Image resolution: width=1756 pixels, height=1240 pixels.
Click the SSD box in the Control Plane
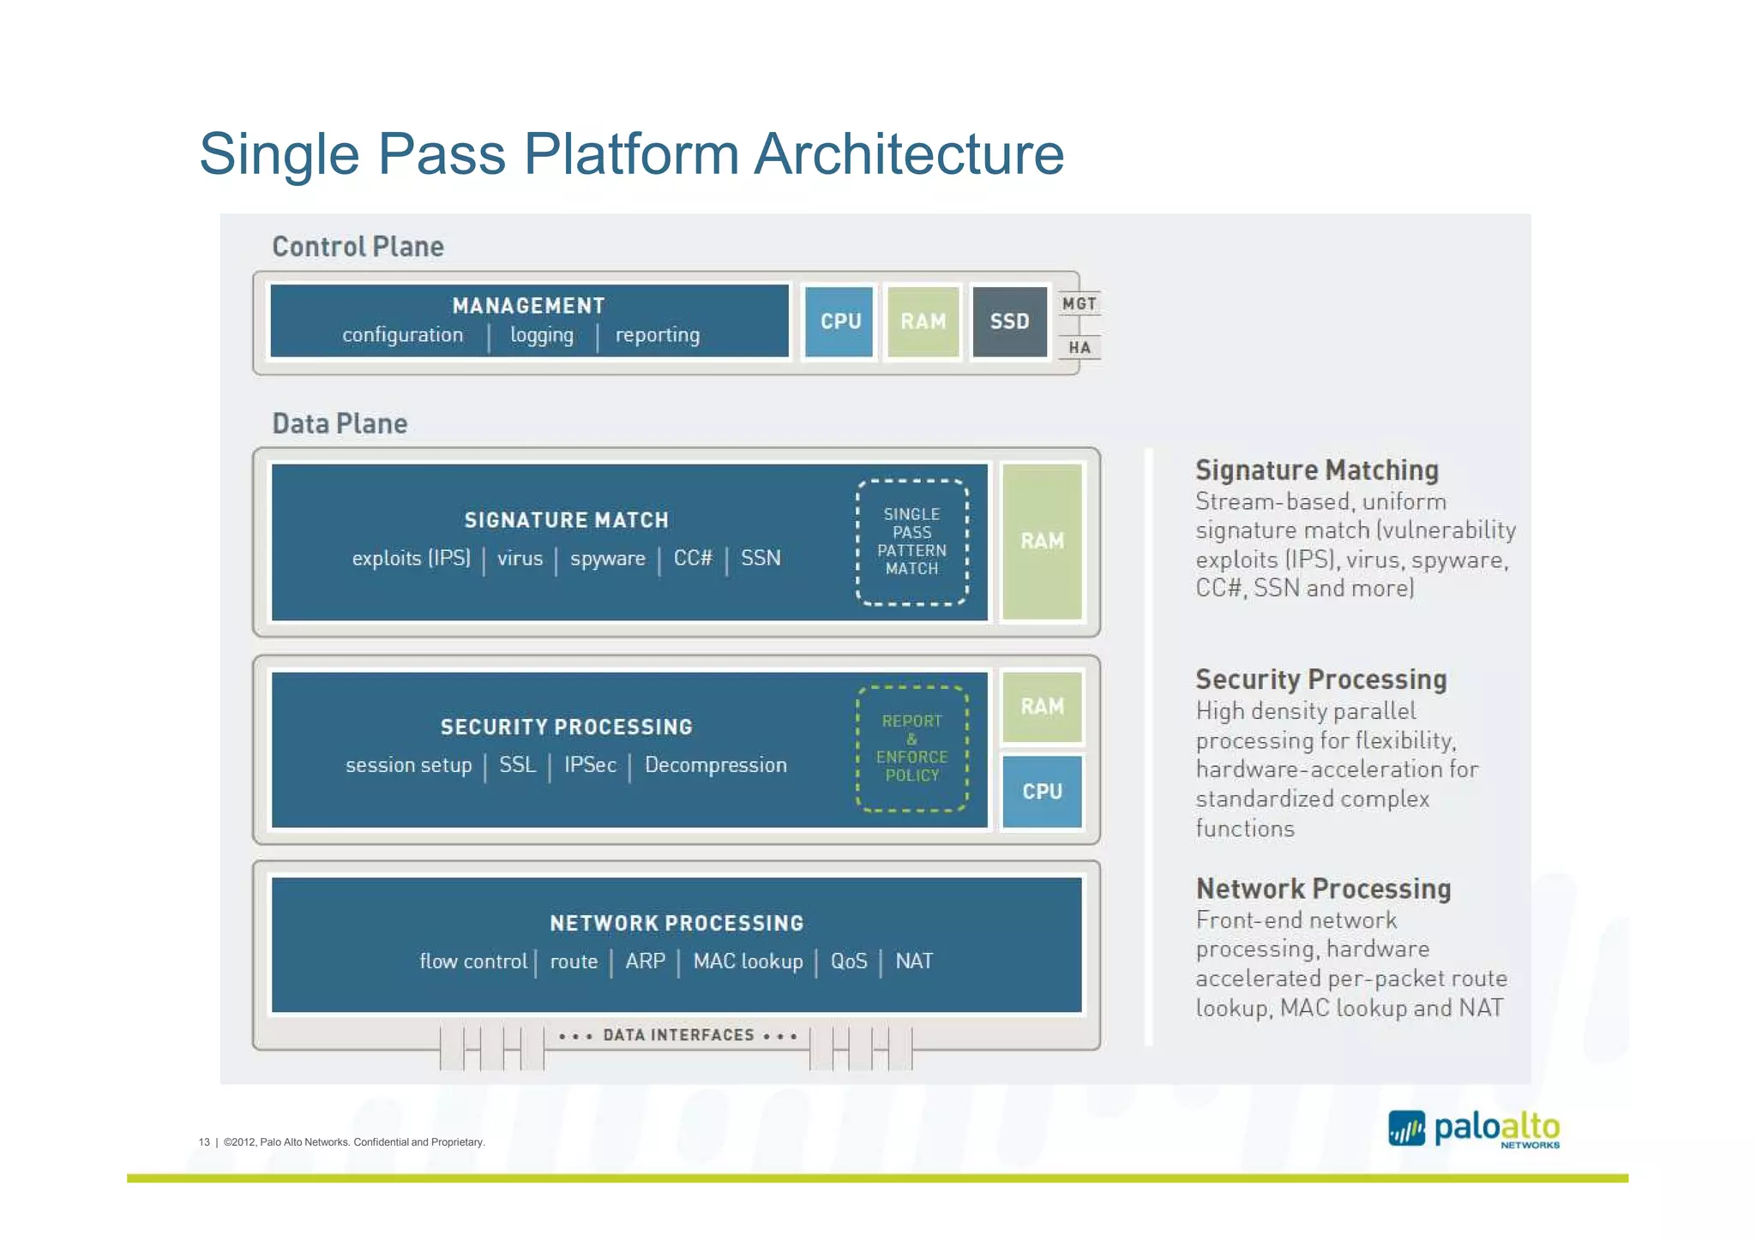click(x=1009, y=321)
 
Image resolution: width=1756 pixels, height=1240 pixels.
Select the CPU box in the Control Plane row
click(x=839, y=321)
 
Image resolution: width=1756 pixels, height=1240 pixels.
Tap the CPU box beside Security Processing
click(x=1042, y=791)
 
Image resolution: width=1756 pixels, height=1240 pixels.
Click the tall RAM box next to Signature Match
click(x=1042, y=541)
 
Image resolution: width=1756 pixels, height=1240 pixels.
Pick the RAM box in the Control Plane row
click(x=923, y=321)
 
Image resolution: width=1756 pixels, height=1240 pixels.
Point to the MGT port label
click(x=1079, y=304)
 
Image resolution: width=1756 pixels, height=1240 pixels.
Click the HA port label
click(x=1079, y=348)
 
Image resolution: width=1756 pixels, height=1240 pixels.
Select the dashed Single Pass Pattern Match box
click(x=911, y=542)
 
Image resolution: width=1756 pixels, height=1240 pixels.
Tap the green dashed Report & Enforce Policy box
click(x=911, y=748)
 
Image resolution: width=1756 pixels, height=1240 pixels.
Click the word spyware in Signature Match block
click(x=607, y=559)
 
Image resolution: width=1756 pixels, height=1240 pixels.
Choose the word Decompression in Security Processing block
click(x=715, y=765)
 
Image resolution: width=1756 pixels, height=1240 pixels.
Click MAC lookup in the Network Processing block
click(x=748, y=961)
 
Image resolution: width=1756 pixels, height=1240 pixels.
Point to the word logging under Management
click(x=542, y=335)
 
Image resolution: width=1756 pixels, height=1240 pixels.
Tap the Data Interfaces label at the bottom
click(x=678, y=1035)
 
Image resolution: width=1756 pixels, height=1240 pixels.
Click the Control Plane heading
click(x=358, y=247)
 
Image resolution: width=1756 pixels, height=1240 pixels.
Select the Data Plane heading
click(x=340, y=424)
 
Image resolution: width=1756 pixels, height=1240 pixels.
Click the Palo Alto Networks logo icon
click(x=1406, y=1129)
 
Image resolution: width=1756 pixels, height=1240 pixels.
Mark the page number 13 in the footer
click(x=204, y=1142)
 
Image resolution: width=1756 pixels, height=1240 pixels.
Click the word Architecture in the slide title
click(x=909, y=154)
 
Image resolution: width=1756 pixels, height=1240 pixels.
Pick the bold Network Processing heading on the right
click(x=1323, y=889)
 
